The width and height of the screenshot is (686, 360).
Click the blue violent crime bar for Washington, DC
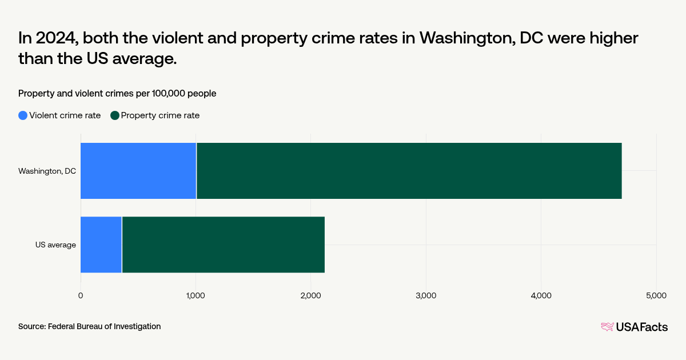coord(138,171)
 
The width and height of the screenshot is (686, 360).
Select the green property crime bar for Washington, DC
coord(409,171)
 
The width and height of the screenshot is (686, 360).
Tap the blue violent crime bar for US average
coord(101,245)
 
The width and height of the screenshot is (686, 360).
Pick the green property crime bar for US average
coord(223,245)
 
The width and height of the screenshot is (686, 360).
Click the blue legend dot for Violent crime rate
coord(23,115)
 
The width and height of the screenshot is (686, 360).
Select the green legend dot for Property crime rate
coord(115,115)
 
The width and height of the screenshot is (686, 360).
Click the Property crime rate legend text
coord(160,115)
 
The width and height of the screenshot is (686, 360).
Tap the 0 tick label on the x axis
coord(81,295)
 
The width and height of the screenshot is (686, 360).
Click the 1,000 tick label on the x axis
coord(196,295)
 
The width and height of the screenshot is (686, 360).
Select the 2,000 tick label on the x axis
coord(310,295)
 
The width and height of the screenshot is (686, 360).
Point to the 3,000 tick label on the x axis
coord(426,295)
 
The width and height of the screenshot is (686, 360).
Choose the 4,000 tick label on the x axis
coord(541,295)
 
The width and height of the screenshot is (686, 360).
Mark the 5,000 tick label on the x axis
coord(656,295)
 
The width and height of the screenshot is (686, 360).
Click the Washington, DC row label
coord(47,171)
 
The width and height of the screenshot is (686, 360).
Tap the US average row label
coord(55,245)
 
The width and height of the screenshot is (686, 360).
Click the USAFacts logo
coord(634,327)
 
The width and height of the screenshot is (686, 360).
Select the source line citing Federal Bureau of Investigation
coord(89,326)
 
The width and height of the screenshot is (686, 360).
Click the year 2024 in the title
coord(58,38)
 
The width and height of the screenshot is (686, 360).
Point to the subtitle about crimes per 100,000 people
coord(117,93)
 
